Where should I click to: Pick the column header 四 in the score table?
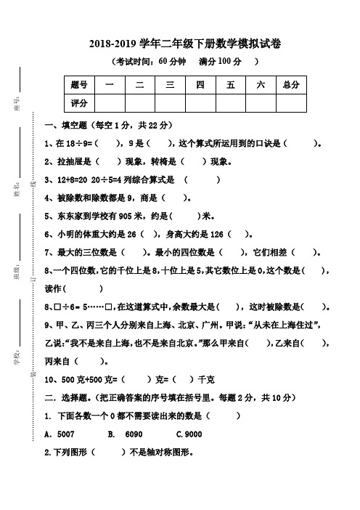click(x=200, y=85)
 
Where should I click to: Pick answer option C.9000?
click(x=189, y=434)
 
